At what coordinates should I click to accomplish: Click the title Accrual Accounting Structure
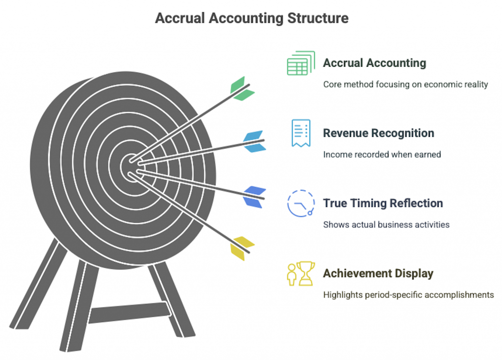pos(251,18)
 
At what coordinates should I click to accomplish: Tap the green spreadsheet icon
pos(301,63)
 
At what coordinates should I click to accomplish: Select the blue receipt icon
pos(301,133)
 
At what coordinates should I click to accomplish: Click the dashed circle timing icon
pos(301,204)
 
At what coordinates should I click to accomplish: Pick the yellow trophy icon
pos(301,273)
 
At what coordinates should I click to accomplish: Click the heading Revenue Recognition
pos(378,133)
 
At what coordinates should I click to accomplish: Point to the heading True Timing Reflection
pos(383,203)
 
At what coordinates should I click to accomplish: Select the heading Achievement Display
pos(378,273)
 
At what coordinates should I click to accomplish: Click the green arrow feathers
pos(242,89)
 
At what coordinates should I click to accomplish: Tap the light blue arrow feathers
pos(255,141)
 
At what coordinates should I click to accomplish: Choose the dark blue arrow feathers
pos(255,197)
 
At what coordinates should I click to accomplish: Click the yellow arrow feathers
pos(242,248)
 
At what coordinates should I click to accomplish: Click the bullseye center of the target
pos(131,167)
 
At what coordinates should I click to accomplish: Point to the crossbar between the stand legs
pos(129,312)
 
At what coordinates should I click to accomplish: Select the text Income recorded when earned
pos(382,154)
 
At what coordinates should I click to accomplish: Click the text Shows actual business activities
pos(386,225)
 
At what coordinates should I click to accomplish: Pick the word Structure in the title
pos(318,18)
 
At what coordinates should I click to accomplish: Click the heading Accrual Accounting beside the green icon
pos(375,63)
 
